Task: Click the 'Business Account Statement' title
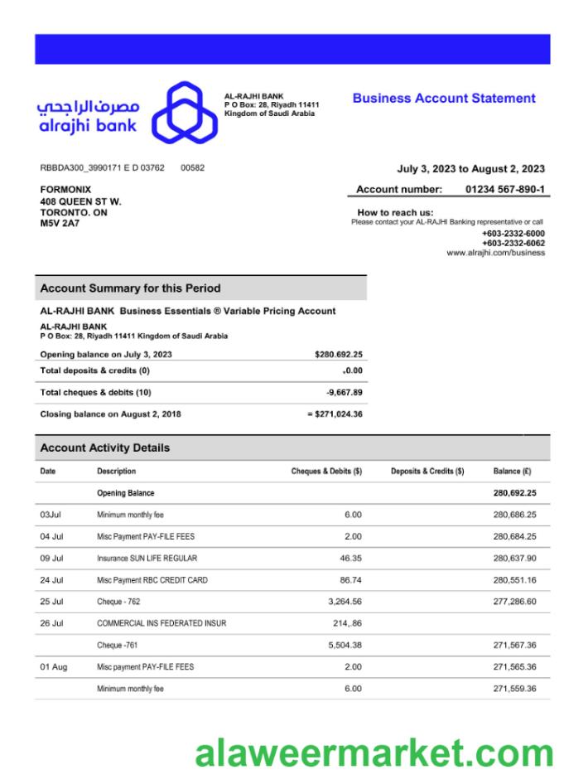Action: (444, 99)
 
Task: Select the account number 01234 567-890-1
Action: (504, 190)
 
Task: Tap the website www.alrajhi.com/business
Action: (495, 253)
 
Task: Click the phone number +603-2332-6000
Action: (513, 234)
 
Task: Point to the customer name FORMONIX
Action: (66, 190)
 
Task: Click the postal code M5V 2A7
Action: (60, 224)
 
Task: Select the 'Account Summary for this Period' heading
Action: (131, 288)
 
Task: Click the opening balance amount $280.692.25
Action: (339, 355)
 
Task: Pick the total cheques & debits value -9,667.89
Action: (344, 393)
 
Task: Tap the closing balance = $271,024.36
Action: (335, 414)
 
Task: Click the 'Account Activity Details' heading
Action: (105, 448)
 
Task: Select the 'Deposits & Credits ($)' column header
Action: (427, 472)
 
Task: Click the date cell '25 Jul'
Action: (51, 602)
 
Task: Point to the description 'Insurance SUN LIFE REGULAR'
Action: (147, 559)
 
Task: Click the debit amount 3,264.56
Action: (345, 602)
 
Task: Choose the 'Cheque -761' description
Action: (120, 645)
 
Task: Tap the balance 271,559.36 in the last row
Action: (514, 689)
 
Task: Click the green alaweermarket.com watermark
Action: (374, 753)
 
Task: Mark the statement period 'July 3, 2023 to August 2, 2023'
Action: (470, 169)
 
